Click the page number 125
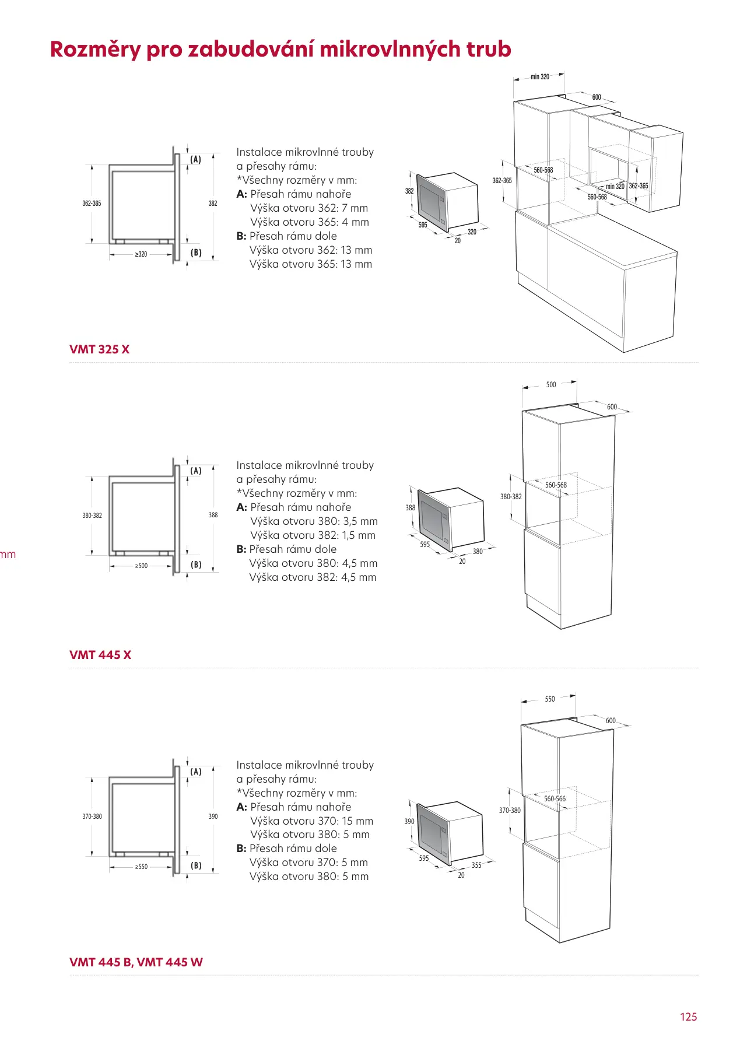tap(688, 1017)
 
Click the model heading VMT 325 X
tap(99, 349)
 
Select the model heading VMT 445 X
tap(100, 655)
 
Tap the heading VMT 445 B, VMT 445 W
tap(136, 962)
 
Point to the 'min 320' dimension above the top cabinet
tap(539, 76)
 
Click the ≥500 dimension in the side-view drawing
tap(141, 566)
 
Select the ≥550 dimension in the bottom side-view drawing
tap(141, 867)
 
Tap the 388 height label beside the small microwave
tap(411, 507)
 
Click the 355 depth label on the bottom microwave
tap(476, 865)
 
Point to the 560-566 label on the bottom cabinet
tap(555, 799)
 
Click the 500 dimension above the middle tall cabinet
tap(551, 385)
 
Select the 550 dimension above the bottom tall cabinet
tap(550, 699)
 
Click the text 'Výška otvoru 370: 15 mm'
tap(311, 821)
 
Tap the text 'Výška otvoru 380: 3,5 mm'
tap(314, 521)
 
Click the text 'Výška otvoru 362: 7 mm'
tap(309, 208)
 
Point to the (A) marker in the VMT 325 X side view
tap(196, 159)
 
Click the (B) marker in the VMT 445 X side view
tap(196, 565)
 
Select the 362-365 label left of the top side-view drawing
tap(92, 204)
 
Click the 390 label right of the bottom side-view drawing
tap(213, 816)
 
